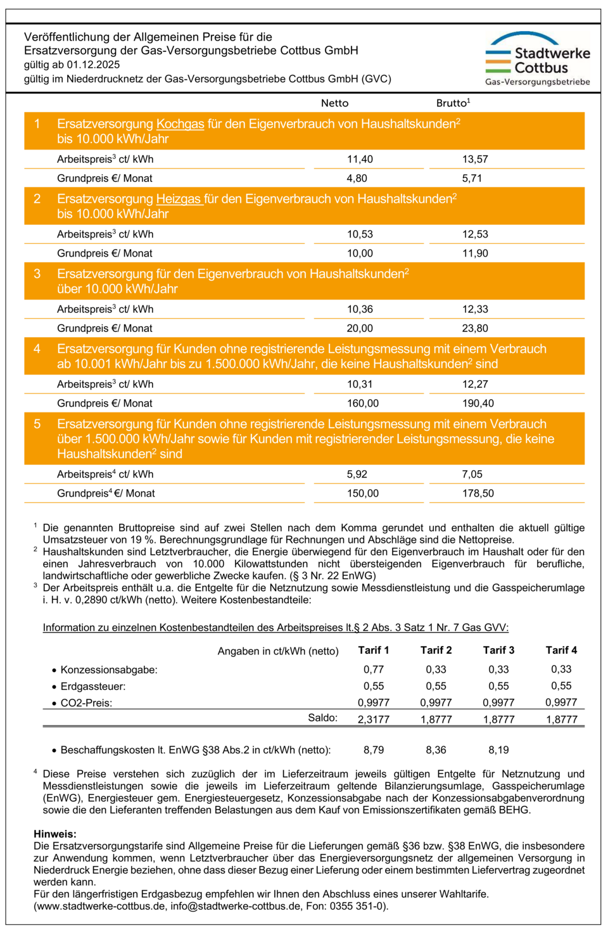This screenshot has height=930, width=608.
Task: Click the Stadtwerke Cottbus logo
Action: pyautogui.click(x=538, y=59)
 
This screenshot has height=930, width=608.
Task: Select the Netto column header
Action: pyautogui.click(x=334, y=103)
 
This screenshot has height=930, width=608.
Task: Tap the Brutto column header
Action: pyautogui.click(x=452, y=103)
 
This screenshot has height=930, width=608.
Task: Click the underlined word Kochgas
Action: pyautogui.click(x=180, y=124)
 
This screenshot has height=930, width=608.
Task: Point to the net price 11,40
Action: pyautogui.click(x=360, y=160)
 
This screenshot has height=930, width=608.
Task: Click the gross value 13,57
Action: pyautogui.click(x=475, y=160)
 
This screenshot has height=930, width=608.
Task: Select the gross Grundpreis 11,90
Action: pyautogui.click(x=475, y=253)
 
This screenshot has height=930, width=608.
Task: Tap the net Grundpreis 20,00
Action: pyautogui.click(x=360, y=328)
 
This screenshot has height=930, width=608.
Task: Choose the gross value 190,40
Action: pyautogui.click(x=478, y=404)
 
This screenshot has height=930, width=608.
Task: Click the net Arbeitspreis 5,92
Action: pyautogui.click(x=357, y=475)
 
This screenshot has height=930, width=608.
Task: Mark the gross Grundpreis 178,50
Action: pyautogui.click(x=478, y=494)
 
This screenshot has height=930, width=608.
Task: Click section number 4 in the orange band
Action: pyautogui.click(x=37, y=349)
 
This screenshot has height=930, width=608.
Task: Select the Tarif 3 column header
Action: pyautogui.click(x=498, y=651)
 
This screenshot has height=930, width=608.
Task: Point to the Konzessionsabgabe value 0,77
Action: pyautogui.click(x=374, y=670)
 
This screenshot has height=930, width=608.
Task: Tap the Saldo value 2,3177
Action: pyautogui.click(x=374, y=720)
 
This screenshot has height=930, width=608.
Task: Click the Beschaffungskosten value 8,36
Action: pyautogui.click(x=436, y=750)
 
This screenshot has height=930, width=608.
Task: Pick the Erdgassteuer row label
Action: pyautogui.click(x=92, y=687)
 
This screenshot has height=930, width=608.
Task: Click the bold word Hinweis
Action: pyautogui.click(x=54, y=834)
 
